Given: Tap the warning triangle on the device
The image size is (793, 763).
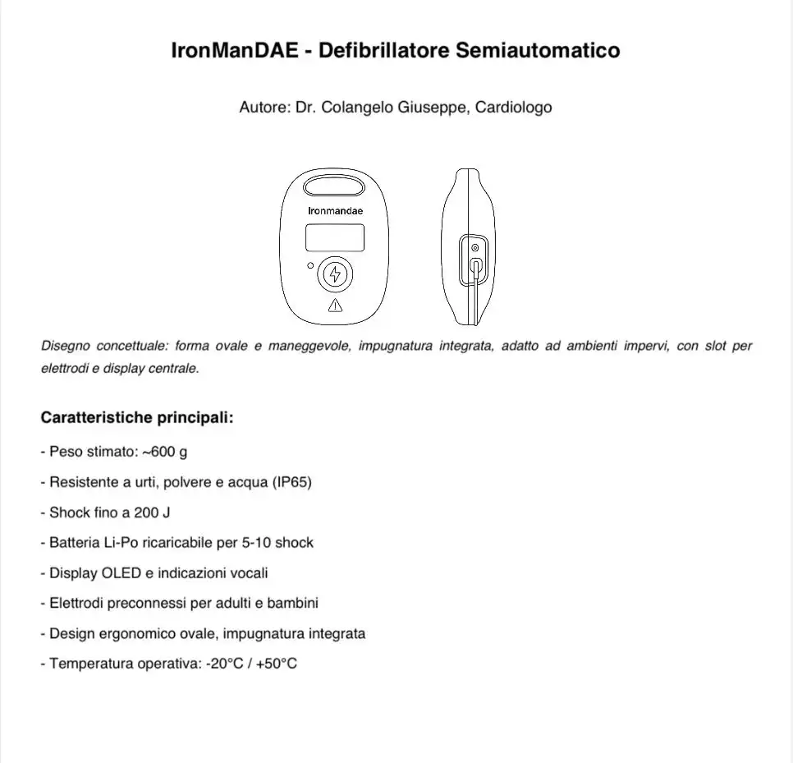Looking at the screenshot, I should pos(335,306).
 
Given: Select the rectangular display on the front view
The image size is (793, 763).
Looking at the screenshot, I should pos(335,238).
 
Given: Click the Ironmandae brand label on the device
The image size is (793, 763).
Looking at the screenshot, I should pos(335,210).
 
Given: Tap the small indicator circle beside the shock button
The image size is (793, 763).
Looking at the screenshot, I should pos(309,266).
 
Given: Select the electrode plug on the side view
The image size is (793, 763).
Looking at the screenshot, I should pos(476,265).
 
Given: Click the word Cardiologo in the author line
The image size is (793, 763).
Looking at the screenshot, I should pos(514,108).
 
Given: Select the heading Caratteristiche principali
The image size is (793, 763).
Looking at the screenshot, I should pos(137,417).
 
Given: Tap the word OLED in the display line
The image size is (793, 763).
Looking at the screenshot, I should pos(120,573).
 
